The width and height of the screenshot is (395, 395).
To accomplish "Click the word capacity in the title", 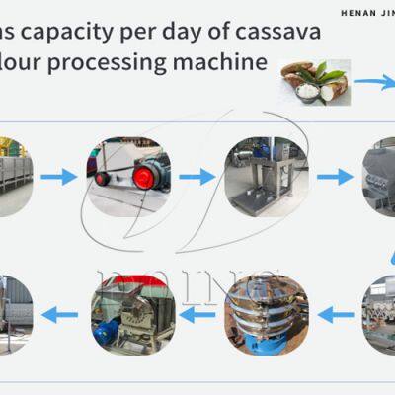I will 80,32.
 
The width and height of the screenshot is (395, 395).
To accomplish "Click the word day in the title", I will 197,32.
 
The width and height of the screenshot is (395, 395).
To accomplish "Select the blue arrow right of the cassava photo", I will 374,84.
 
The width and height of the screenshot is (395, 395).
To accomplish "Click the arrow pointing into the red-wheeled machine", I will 58,177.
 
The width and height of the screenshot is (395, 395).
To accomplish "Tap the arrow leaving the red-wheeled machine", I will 197,177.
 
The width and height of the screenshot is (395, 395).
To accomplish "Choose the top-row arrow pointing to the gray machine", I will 334,177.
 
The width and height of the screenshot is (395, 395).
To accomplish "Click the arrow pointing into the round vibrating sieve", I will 336,316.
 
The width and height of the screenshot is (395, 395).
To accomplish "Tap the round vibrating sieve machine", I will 267,316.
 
